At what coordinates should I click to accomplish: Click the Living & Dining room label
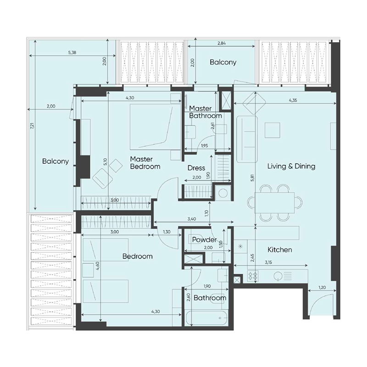[291, 166]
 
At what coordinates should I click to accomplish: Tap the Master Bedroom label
[145, 162]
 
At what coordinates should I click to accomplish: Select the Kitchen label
[280, 250]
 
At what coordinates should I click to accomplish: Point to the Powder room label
[204, 239]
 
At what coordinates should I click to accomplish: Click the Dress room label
[196, 168]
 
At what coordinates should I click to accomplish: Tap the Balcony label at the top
[223, 62]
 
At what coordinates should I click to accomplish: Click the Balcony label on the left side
[56, 161]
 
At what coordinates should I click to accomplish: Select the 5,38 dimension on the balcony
[72, 53]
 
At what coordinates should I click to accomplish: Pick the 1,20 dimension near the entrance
[321, 288]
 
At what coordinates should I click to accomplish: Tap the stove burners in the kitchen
[253, 276]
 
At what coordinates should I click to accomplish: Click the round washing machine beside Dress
[223, 193]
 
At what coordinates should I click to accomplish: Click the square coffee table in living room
[273, 130]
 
